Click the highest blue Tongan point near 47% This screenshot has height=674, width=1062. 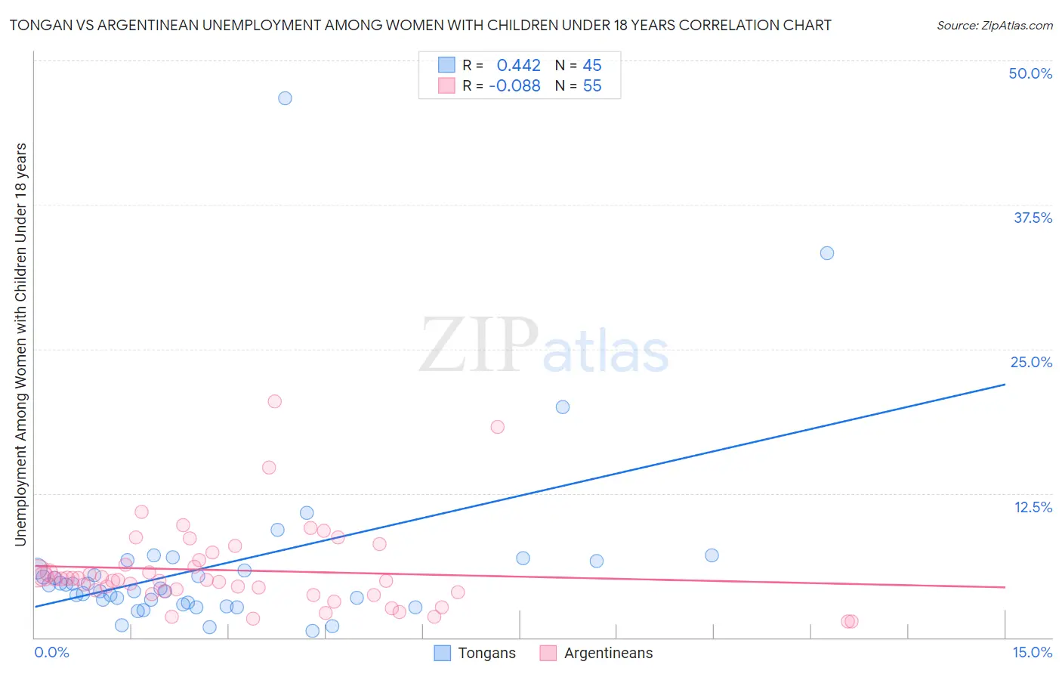[285, 98]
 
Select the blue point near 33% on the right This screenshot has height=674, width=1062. [827, 253]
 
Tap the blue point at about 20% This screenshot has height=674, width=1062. [563, 407]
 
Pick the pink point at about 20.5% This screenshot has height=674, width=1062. [275, 401]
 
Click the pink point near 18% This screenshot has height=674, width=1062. [497, 427]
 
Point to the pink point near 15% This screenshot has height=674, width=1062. [269, 468]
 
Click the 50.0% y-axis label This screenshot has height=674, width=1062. [1030, 73]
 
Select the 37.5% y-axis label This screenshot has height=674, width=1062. [1033, 218]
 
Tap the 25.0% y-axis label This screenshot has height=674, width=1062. [1031, 362]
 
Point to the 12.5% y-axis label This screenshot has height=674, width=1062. [1033, 507]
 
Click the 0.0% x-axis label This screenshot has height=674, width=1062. [51, 652]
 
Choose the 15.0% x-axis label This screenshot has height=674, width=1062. [1032, 652]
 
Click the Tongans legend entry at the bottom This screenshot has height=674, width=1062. [486, 653]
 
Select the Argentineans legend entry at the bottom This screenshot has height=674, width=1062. [608, 653]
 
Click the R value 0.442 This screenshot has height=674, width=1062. [518, 66]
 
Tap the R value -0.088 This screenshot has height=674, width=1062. [514, 86]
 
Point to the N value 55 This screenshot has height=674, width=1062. [592, 86]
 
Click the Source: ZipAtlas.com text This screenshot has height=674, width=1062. [994, 26]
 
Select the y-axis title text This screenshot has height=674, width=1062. [20, 344]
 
